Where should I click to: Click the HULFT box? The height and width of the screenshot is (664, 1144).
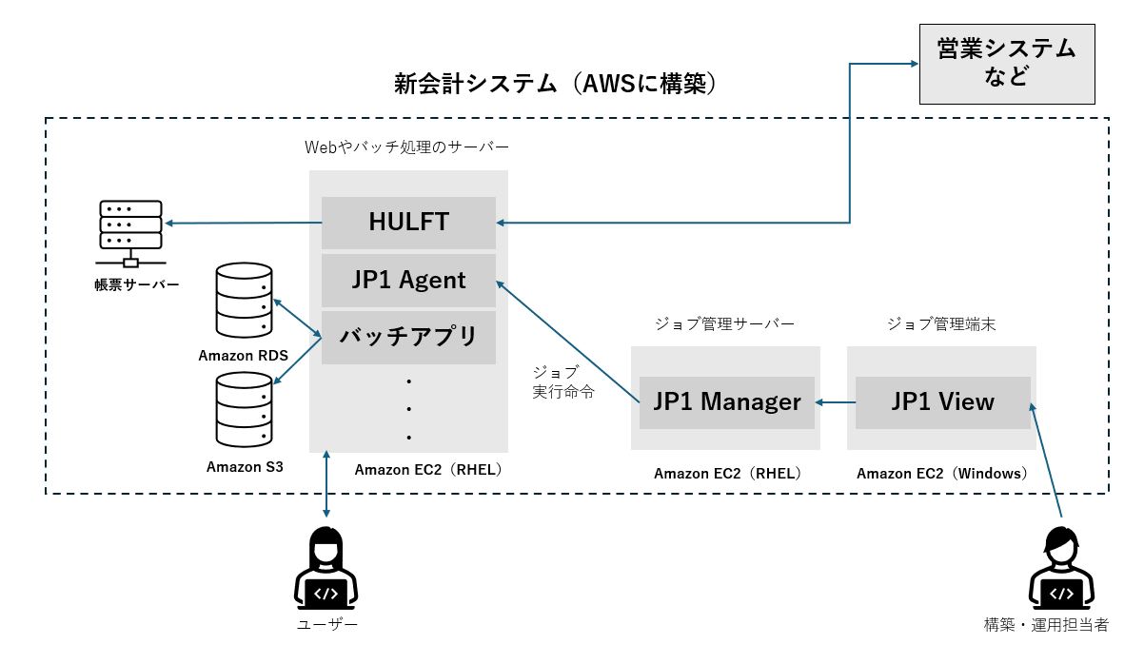408,223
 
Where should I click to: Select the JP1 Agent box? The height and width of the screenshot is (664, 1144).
408,280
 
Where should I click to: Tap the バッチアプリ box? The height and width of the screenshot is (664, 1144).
408,337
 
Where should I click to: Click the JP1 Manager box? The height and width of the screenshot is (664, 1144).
726,401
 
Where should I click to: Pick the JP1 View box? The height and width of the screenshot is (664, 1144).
942,401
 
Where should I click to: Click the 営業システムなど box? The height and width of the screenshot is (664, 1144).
1006,63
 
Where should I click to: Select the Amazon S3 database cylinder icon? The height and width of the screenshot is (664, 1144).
244,411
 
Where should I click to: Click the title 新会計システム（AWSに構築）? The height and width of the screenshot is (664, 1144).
555,84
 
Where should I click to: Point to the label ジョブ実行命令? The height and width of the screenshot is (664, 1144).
562,381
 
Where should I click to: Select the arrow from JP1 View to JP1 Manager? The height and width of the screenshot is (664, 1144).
836,402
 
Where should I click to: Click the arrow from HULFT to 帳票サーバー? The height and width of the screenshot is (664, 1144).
243,224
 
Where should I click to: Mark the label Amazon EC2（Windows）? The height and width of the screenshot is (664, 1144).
941,473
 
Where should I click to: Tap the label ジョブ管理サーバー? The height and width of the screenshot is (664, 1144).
724,324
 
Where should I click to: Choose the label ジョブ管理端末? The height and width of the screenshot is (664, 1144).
940,324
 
